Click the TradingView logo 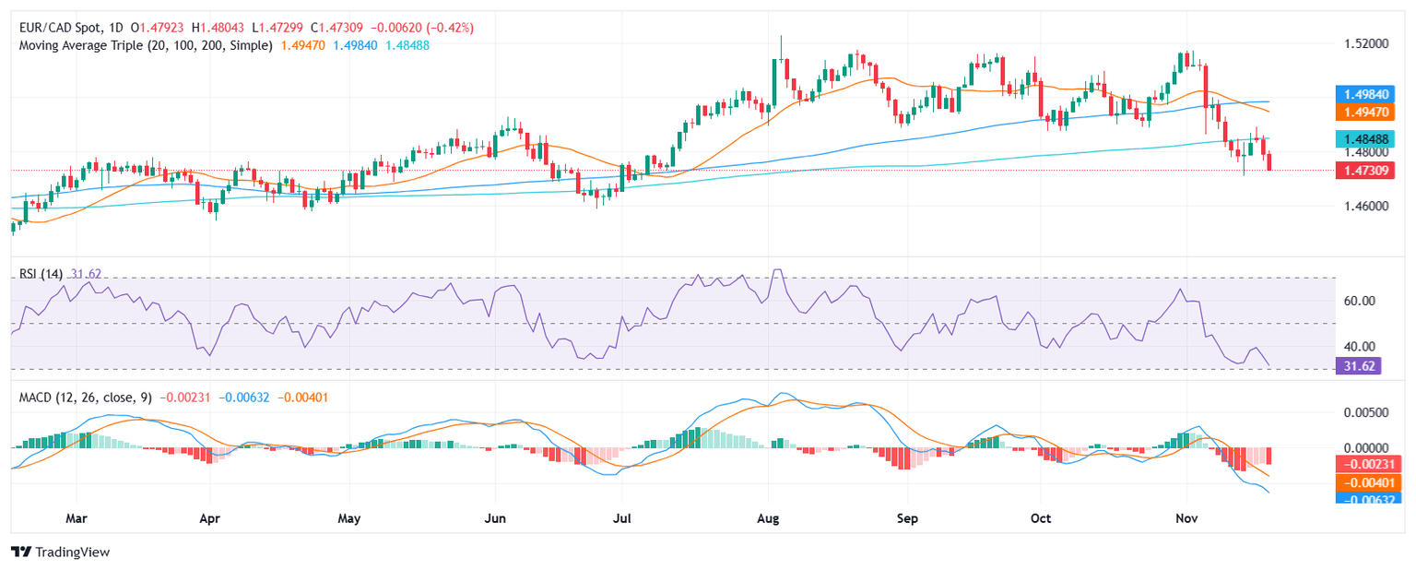[60, 552]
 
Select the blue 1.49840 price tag [1368, 94]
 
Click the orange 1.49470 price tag [1368, 112]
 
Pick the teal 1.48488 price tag [1368, 138]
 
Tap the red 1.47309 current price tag [1368, 170]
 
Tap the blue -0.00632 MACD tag [1368, 499]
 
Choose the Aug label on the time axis [768, 518]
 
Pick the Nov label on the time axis [1187, 518]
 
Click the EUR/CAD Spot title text [57, 28]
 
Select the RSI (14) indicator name [41, 273]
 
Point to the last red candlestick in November [1269, 163]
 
